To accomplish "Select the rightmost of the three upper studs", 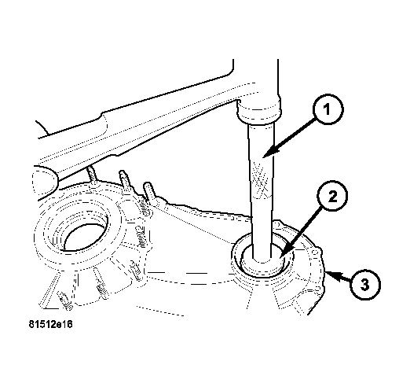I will click(147, 193).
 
